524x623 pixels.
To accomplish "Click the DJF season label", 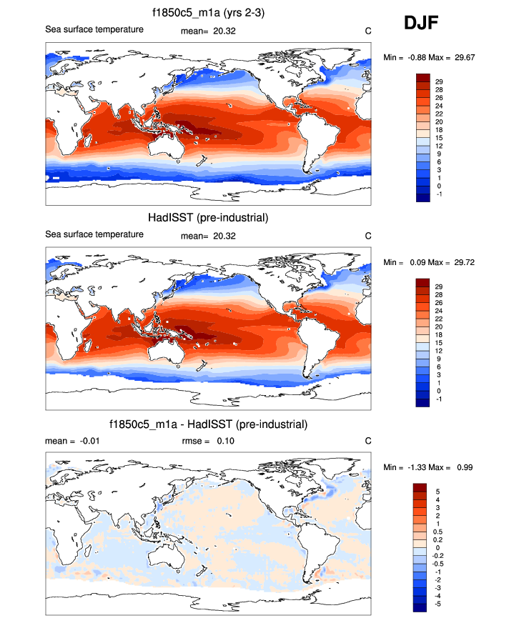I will click(421, 24).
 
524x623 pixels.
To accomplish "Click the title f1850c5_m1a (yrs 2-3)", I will click(207, 12).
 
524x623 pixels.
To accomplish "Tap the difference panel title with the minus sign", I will click(207, 424).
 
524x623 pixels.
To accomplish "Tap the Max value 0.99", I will click(466, 467).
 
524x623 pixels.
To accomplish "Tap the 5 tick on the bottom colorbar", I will click(437, 492).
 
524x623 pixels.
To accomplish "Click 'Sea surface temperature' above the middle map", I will click(94, 234).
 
